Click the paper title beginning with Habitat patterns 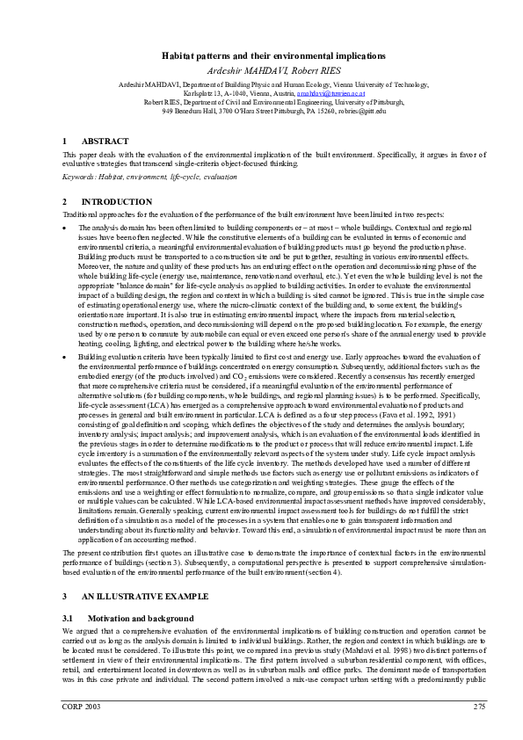coord(261,54)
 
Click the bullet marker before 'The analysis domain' coord(65,227)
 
